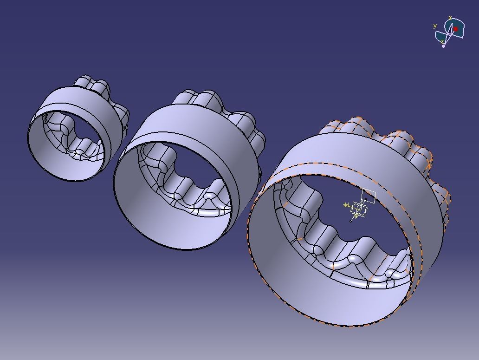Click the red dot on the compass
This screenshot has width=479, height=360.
[456, 29]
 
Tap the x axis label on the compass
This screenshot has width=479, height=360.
[450, 18]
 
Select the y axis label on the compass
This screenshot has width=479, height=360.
[435, 26]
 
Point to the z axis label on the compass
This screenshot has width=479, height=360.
[442, 41]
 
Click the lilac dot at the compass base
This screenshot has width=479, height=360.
[444, 46]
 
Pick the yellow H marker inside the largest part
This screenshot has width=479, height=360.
[346, 205]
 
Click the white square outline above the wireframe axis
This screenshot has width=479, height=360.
[369, 195]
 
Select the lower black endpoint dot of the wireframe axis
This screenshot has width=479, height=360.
[351, 221]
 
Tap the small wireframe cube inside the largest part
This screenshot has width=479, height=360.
[358, 209]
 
